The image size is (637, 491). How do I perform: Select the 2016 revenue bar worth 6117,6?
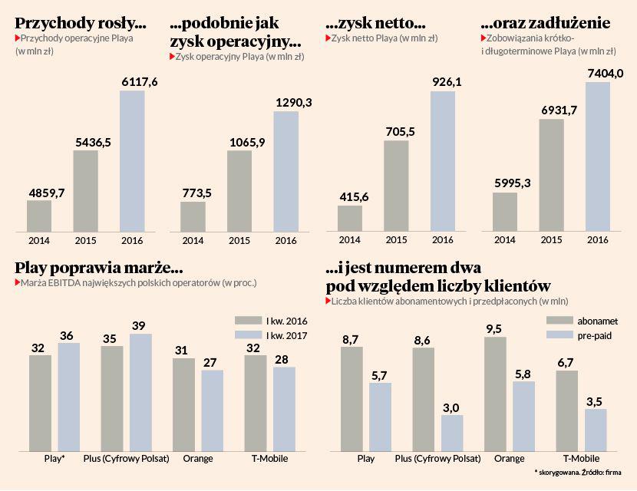132,161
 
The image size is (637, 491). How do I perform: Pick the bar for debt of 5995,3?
504,211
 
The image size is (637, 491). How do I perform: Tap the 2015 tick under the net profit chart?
396,240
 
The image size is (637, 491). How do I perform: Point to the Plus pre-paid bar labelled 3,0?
451,433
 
